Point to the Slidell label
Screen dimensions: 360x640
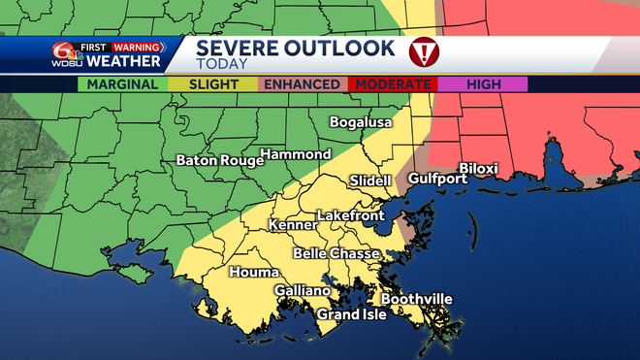[x=369, y=181]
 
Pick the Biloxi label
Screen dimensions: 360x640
[x=478, y=169]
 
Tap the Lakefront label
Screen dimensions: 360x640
[x=351, y=215]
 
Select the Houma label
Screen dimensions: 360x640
[x=254, y=273]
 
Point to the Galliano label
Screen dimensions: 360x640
[x=302, y=291]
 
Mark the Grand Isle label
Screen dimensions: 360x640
[x=352, y=314]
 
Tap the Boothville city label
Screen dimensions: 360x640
[x=416, y=299]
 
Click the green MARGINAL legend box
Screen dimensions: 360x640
[x=123, y=84]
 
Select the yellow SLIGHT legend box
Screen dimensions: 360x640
[x=213, y=84]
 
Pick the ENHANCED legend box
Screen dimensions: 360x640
[x=304, y=84]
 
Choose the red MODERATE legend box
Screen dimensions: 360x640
[x=393, y=84]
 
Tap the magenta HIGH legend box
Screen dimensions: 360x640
[x=483, y=84]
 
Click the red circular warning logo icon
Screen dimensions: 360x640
[x=424, y=50]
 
